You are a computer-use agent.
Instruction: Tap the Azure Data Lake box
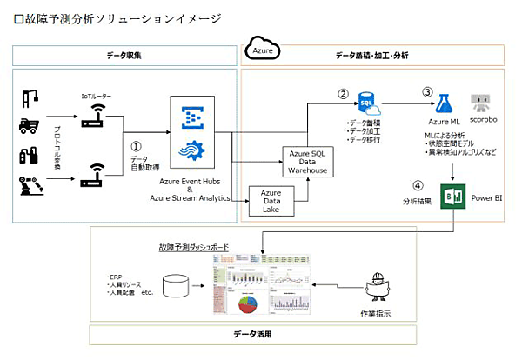(271, 202)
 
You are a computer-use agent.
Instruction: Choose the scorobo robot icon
(482, 103)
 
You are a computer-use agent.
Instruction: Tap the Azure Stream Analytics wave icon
(189, 153)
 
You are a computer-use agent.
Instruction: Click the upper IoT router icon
(91, 117)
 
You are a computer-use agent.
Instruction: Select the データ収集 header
(124, 56)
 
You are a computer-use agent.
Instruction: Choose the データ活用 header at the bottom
(251, 334)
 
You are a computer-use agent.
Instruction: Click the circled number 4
(418, 184)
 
